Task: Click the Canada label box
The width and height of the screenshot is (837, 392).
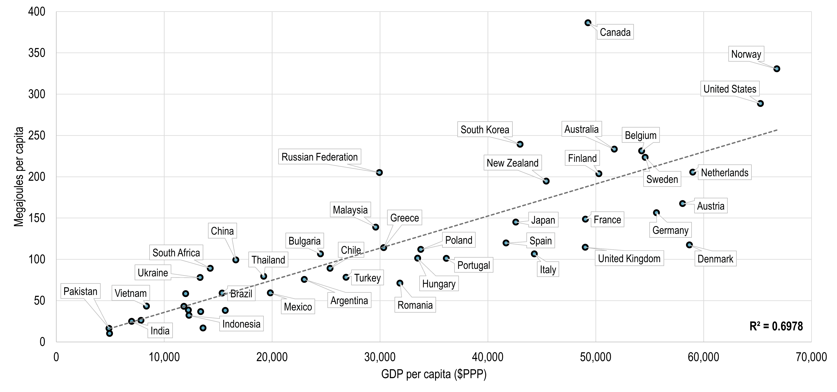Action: [615, 32]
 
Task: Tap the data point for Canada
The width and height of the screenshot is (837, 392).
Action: [588, 23]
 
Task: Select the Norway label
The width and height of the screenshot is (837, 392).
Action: [746, 54]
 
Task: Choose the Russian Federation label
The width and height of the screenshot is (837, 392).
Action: [319, 157]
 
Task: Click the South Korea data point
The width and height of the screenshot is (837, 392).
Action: [520, 144]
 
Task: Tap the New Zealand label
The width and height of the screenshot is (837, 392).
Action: [512, 163]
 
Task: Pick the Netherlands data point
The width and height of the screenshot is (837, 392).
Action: [693, 172]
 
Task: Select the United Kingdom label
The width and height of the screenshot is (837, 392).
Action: [629, 259]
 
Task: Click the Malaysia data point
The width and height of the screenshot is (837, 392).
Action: [376, 227]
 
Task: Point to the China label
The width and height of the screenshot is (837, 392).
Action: [222, 231]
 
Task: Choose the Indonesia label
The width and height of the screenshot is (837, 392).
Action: [241, 324]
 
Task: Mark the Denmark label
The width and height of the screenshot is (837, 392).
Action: [715, 259]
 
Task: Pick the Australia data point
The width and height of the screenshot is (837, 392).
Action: [614, 149]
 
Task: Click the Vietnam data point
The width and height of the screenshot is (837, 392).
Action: [147, 306]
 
